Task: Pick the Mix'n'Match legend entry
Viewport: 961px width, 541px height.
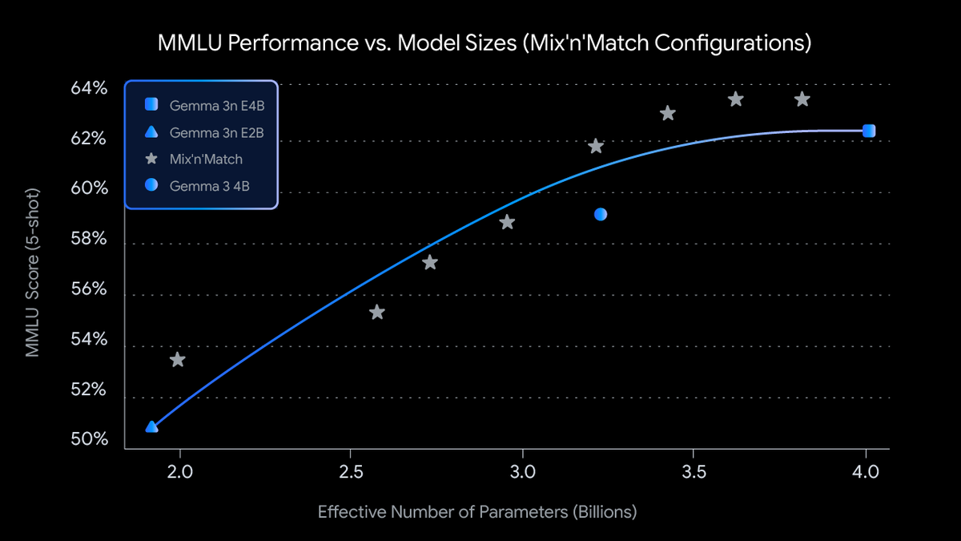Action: [205, 159]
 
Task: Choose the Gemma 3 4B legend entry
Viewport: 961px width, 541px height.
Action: [210, 185]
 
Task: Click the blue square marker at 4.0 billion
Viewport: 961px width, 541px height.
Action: [868, 131]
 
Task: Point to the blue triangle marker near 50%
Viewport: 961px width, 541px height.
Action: [151, 426]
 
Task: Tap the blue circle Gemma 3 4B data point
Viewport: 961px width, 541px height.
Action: [601, 214]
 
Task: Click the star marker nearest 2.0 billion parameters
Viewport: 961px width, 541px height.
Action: [178, 360]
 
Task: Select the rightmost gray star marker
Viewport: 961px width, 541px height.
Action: [802, 99]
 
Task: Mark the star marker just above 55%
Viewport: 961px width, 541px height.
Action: [377, 312]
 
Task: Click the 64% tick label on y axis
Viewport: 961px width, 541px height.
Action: [90, 88]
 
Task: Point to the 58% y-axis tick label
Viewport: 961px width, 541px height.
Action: [90, 239]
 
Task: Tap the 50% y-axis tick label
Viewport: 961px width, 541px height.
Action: [90, 440]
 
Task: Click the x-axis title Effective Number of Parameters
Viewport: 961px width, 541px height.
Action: [477, 511]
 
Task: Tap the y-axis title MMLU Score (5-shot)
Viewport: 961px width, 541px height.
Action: [33, 268]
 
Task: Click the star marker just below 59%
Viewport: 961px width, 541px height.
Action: [507, 222]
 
